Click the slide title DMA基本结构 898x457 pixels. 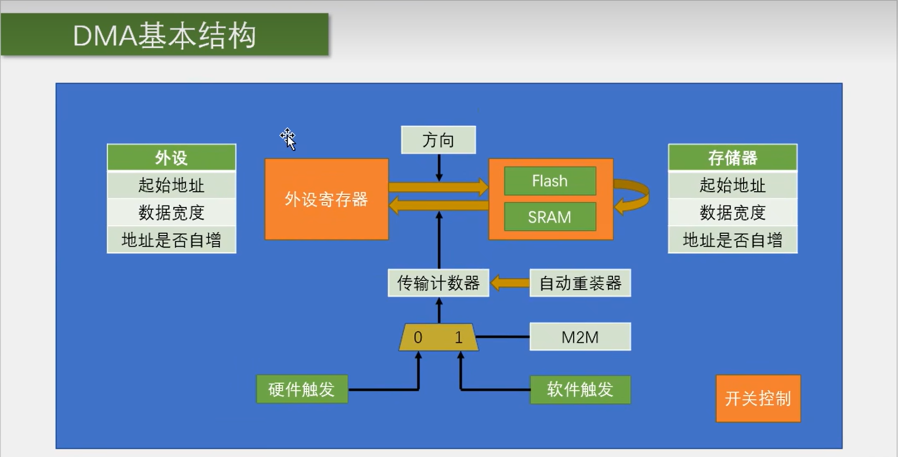(164, 35)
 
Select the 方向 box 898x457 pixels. (438, 140)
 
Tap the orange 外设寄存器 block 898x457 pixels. (326, 199)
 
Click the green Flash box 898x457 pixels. (550, 181)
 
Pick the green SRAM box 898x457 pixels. (550, 217)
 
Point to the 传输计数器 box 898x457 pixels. (438, 283)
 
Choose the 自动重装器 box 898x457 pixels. (580, 283)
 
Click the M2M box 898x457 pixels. (580, 337)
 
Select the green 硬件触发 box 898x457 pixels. (302, 389)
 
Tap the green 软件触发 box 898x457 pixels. (580, 389)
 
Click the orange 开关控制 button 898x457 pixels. (758, 399)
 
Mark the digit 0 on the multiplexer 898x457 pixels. (418, 338)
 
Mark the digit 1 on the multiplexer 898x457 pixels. (459, 338)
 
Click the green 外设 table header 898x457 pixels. (171, 157)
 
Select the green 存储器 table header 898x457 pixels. (732, 157)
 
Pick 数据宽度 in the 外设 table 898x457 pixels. (171, 213)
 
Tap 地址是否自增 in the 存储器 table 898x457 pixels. (732, 240)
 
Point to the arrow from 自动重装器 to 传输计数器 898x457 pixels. (509, 283)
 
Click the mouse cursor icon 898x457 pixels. (288, 139)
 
